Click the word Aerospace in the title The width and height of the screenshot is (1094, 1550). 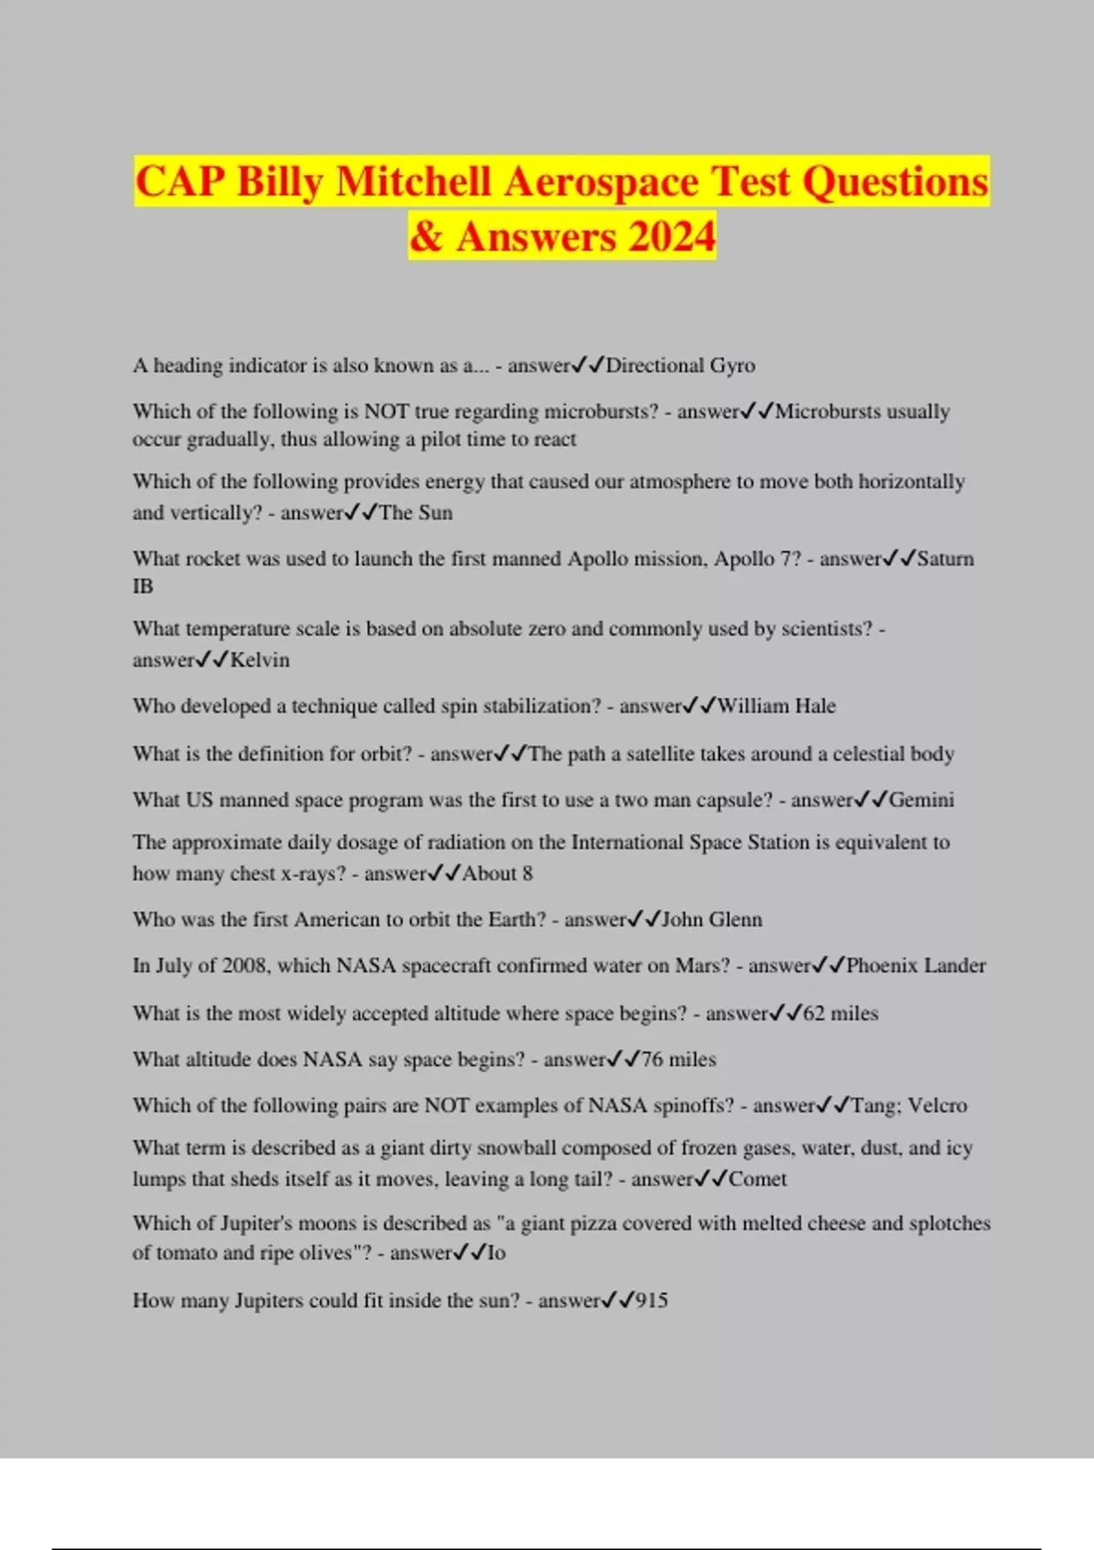coord(601,181)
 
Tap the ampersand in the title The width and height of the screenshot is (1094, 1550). coord(427,237)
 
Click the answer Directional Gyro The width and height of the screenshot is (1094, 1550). coord(680,366)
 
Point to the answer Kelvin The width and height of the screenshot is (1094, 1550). coord(260,660)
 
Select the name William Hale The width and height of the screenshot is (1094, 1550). coord(776,707)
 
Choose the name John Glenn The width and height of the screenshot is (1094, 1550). coord(711,920)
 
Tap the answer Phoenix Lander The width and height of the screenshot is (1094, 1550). coord(915,966)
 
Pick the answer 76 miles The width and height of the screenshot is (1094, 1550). coord(678,1059)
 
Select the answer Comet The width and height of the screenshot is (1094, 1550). coord(758,1179)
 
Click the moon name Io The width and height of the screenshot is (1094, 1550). coord(497,1254)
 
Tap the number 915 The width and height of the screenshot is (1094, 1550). coord(652,1301)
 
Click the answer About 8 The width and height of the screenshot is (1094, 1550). coord(497,873)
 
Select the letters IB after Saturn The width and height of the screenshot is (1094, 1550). coord(143,586)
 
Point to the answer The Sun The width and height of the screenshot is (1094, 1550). coord(416,513)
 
